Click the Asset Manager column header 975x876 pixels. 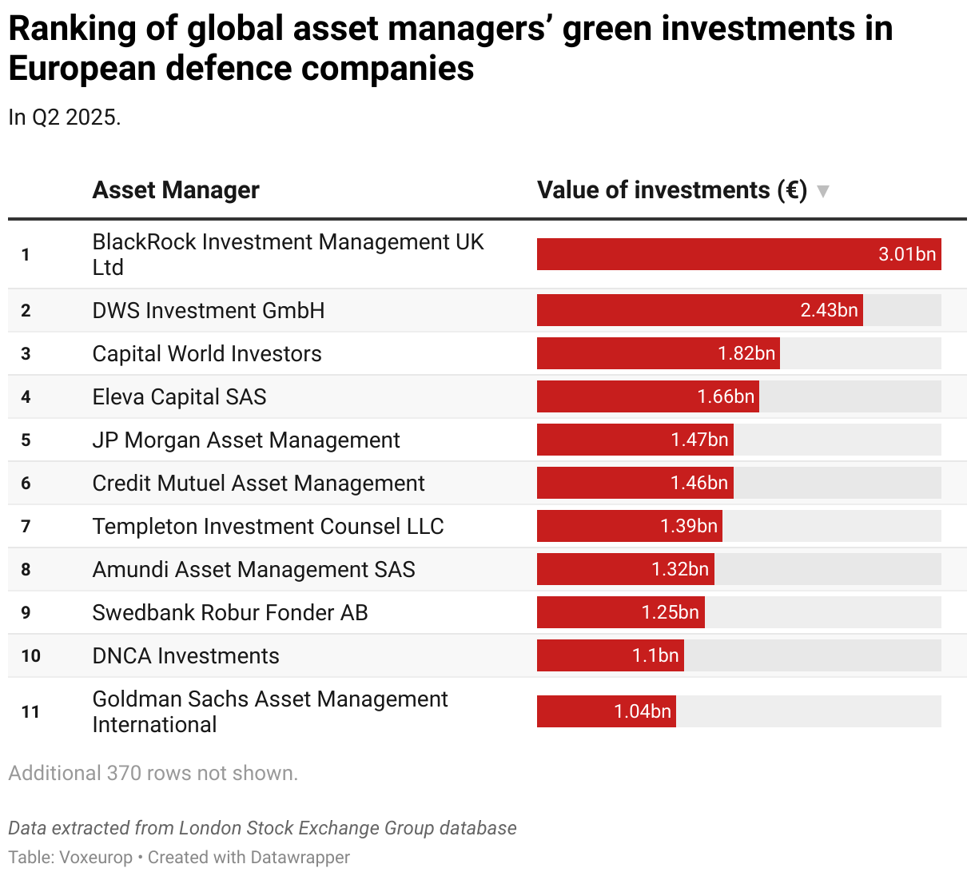[x=176, y=190]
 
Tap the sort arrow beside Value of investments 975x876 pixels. [x=822, y=191]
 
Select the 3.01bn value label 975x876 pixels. [x=906, y=254]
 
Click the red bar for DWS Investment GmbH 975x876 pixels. [x=663, y=310]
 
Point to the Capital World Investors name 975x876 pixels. [x=207, y=353]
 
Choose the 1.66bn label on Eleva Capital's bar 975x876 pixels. [x=726, y=396]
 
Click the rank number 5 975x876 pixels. [x=26, y=440]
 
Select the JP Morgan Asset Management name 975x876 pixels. [x=246, y=440]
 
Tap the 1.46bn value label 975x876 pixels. [x=698, y=483]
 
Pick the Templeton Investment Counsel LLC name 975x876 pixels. [x=268, y=526]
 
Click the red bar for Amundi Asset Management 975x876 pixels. [x=591, y=569]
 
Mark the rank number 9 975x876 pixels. [x=26, y=612]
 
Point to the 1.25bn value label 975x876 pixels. [x=670, y=612]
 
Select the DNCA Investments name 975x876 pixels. [x=185, y=655]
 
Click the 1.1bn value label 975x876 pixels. [x=655, y=655]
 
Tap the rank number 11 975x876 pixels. [x=30, y=711]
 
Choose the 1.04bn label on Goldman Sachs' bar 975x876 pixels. [x=642, y=711]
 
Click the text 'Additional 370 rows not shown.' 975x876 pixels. [x=153, y=773]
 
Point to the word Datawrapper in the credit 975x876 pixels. [x=300, y=857]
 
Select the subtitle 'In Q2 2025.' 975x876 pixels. [x=64, y=117]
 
